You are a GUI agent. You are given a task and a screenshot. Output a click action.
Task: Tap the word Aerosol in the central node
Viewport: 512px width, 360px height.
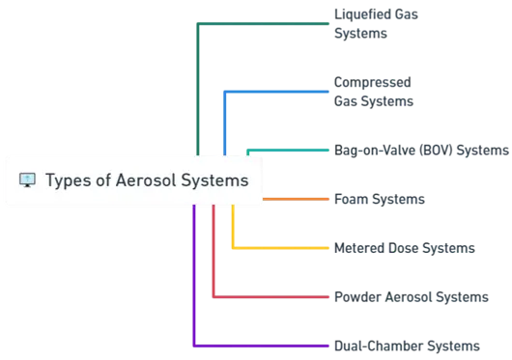pos(140,180)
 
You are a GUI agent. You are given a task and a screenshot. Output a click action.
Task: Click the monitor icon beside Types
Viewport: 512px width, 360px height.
pos(27,180)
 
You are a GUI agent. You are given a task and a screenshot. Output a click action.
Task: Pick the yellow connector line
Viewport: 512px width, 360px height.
pos(280,248)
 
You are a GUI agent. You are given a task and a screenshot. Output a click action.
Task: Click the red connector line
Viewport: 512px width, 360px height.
pos(270,297)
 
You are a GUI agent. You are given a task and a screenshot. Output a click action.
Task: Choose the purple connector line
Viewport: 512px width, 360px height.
pos(261,344)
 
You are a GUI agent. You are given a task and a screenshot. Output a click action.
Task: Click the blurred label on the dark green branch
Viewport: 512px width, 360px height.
pos(364,22)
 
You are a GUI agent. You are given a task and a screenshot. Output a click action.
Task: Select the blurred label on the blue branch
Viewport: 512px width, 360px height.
pos(374,90)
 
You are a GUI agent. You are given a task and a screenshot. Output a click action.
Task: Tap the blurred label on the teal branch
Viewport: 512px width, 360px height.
pos(417,152)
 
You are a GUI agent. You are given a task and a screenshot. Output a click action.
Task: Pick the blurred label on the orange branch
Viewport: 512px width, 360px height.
pos(378,200)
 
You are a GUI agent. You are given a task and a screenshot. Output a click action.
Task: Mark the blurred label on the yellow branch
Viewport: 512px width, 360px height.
pos(404,248)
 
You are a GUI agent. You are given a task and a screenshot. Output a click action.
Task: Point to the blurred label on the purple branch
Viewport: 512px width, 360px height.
pos(407,345)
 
